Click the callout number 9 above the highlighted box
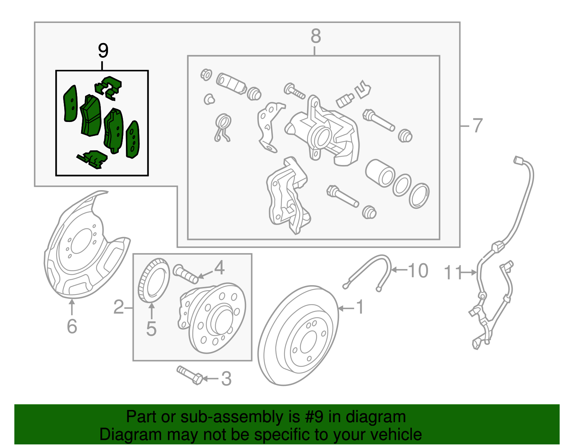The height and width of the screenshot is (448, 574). tap(103, 51)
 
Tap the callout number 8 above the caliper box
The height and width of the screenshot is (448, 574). tap(315, 36)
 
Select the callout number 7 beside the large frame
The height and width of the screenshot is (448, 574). tap(477, 126)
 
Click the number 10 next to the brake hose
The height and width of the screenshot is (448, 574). tap(418, 270)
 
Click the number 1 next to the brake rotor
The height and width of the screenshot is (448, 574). tap(359, 307)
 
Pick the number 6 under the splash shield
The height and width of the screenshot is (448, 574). tap(72, 326)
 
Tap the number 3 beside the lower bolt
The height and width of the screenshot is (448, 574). tap(226, 379)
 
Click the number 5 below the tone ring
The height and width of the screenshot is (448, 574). tap(151, 329)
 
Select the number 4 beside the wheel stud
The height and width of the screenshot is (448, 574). tap(220, 268)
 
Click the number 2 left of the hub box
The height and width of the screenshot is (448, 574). tap(119, 307)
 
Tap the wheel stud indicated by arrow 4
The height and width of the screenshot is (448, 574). tap(185, 274)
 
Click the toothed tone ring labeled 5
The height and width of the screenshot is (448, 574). tap(154, 280)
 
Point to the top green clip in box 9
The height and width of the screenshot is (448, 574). tap(108, 87)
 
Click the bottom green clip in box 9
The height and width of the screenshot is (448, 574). tap(93, 159)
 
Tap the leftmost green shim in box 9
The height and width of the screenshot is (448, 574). tap(70, 104)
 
